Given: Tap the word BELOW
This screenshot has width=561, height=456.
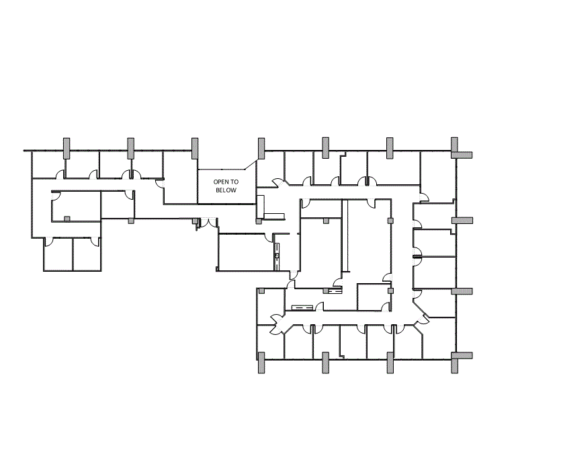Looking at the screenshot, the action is (226, 190).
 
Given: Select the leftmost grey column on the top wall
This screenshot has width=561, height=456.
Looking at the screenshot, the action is (67, 148).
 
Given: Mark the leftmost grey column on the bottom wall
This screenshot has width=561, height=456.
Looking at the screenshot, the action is (261, 363).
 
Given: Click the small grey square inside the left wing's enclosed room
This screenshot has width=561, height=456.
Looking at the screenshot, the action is (67, 219).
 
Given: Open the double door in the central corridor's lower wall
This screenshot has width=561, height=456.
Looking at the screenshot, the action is (208, 223).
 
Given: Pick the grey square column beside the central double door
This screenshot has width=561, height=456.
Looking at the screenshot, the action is (195, 221).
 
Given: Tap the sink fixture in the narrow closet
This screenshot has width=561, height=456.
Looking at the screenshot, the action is (277, 256).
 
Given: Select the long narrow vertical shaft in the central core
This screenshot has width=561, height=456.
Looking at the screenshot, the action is (345, 235).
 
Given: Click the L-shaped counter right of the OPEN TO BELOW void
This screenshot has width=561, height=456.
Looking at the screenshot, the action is (267, 211).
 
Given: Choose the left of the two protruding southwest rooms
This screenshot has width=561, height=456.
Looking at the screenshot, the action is (58, 254).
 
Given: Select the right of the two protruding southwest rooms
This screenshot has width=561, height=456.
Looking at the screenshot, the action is (87, 254).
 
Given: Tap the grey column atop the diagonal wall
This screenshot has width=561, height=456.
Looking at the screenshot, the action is (261, 148).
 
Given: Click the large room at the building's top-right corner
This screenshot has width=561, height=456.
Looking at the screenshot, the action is (438, 175).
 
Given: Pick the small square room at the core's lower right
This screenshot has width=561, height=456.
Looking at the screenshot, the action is (373, 297).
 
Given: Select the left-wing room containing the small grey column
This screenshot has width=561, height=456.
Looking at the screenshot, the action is (76, 206).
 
